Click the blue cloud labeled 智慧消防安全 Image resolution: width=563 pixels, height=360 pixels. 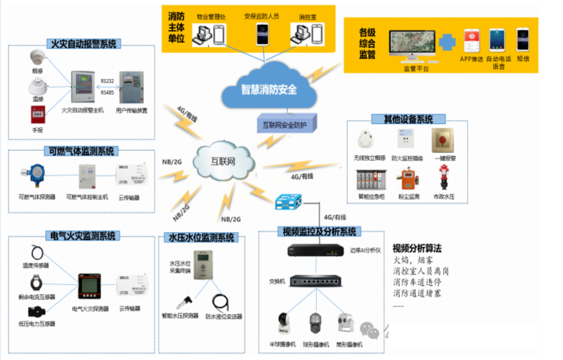pos(269,88)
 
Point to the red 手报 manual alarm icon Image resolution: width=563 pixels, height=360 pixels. pos(37,115)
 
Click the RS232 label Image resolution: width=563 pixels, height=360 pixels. pos(107,81)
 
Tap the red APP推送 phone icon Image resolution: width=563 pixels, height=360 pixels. pos(471,41)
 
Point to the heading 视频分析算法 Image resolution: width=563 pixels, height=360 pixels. pos(417,248)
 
